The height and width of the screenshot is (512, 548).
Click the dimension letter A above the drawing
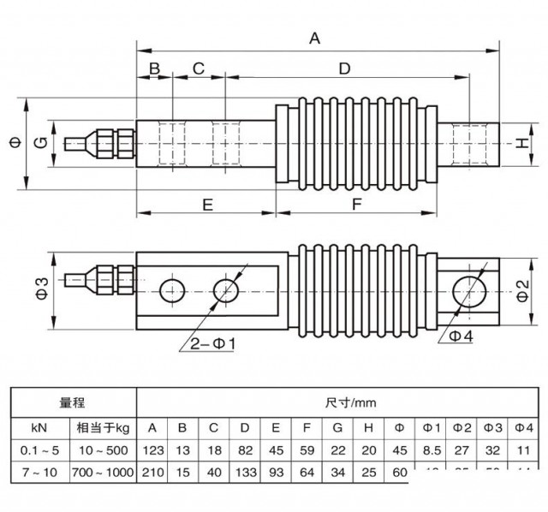[x=315, y=38]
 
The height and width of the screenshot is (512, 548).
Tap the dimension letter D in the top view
[x=344, y=68]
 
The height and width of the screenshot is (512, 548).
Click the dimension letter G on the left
[x=39, y=143]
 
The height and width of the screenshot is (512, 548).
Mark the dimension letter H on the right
[x=521, y=143]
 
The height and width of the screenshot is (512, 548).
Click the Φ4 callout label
[x=461, y=336]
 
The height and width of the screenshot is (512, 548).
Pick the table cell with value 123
[x=152, y=449]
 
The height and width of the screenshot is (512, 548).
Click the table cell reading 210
[x=152, y=473]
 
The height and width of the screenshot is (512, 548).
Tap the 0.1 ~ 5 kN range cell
[x=38, y=449]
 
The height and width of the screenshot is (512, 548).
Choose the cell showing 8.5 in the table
[x=430, y=449]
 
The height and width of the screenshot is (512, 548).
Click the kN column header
[x=38, y=426]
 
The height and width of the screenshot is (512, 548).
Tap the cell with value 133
[x=245, y=473]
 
